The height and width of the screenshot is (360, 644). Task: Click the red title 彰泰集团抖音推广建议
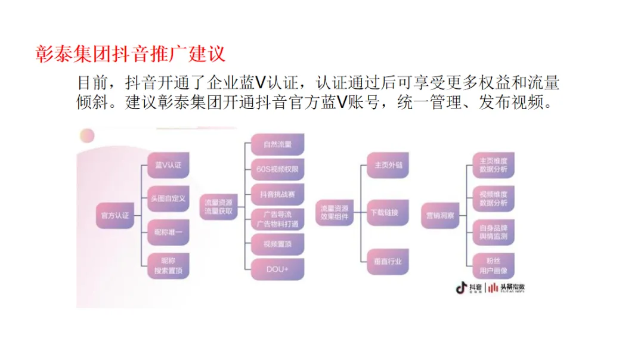(130, 52)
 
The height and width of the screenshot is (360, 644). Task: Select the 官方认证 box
(114, 215)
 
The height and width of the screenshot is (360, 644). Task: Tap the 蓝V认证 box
(168, 165)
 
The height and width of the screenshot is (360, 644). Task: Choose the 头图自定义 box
(168, 198)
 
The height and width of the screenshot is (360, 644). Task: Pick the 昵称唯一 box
(168, 232)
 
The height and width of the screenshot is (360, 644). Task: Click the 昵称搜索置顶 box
(168, 266)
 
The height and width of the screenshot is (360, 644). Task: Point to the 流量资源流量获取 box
(218, 206)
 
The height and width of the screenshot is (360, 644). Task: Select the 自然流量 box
(277, 144)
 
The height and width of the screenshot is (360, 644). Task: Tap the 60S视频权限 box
(277, 169)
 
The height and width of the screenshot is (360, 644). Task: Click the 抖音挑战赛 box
(277, 194)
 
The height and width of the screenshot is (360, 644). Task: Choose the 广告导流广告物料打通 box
(277, 219)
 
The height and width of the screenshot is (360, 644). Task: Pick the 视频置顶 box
(277, 244)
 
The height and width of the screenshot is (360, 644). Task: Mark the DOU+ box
(277, 269)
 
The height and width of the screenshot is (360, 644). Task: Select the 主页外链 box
(388, 165)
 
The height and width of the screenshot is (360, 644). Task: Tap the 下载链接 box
(388, 213)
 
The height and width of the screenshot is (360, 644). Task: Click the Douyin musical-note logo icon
(461, 288)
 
